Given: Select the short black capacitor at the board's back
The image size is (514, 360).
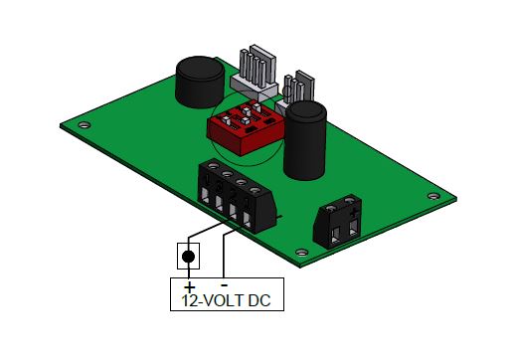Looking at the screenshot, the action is tap(200, 82).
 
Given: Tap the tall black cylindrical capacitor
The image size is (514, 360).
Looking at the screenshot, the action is tap(305, 140).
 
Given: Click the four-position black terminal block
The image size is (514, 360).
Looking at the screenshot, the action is tap(238, 196).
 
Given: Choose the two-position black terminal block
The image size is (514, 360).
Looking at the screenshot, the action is tap(337, 222).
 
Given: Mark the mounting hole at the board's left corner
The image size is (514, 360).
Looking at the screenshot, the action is tap(85, 125).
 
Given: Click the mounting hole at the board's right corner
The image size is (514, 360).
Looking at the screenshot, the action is tap(433, 196).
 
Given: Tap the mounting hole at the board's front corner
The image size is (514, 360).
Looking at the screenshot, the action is tap(301, 253).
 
